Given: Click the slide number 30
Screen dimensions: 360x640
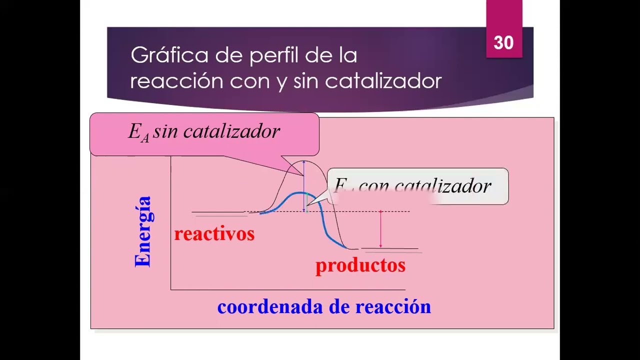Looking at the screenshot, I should pyautogui.click(x=503, y=43).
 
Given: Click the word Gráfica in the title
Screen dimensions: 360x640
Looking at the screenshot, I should pyautogui.click(x=169, y=55).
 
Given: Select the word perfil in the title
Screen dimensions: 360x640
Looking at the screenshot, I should pyautogui.click(x=273, y=55).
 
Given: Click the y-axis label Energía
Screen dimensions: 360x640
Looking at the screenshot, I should pyautogui.click(x=143, y=231).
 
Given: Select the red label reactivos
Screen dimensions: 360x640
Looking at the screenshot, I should pyautogui.click(x=214, y=233).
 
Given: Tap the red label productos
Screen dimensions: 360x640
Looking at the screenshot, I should pyautogui.click(x=360, y=265).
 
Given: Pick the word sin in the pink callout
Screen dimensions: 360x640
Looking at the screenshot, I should pyautogui.click(x=165, y=131).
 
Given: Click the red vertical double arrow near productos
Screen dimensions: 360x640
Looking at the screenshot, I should pyautogui.click(x=380, y=229).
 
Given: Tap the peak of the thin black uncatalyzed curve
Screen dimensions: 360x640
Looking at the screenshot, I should pyautogui.click(x=304, y=161).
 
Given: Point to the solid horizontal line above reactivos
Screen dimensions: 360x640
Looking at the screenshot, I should pyautogui.click(x=218, y=212).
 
